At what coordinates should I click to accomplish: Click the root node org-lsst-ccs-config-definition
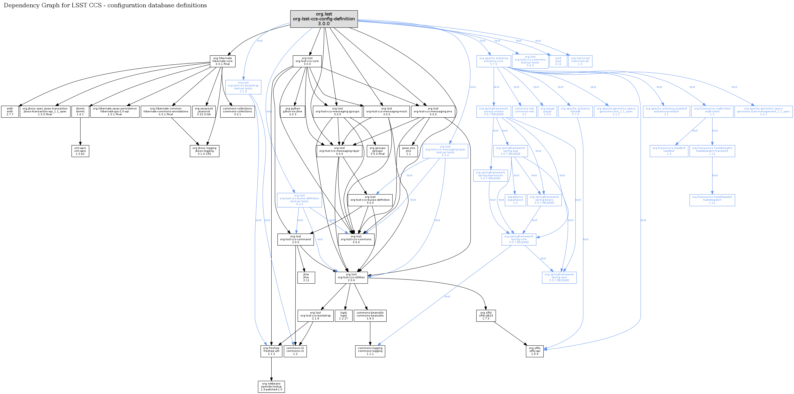[x=324, y=19]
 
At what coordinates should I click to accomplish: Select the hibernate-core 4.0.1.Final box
[x=222, y=61]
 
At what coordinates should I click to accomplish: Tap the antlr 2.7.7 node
[x=10, y=112]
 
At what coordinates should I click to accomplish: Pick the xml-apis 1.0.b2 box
[x=80, y=151]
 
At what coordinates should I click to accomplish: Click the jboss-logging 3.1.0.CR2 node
[x=204, y=151]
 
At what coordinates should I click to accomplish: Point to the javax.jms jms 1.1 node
[x=408, y=151]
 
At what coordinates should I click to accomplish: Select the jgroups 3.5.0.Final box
[x=377, y=151]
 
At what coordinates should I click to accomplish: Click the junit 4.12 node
[x=558, y=61]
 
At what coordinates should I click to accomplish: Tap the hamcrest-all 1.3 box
[x=580, y=61]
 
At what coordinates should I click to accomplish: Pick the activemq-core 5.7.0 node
[x=494, y=61]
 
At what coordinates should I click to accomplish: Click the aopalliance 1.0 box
[x=515, y=200]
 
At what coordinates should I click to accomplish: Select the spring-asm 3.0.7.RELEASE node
[x=559, y=278]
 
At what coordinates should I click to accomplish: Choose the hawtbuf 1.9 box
[x=669, y=151]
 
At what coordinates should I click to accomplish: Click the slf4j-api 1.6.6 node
[x=535, y=351]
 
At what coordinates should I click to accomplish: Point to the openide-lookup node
[x=271, y=386]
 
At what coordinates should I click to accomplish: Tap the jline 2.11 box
[x=306, y=278]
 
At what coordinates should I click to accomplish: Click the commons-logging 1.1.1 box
[x=370, y=351]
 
